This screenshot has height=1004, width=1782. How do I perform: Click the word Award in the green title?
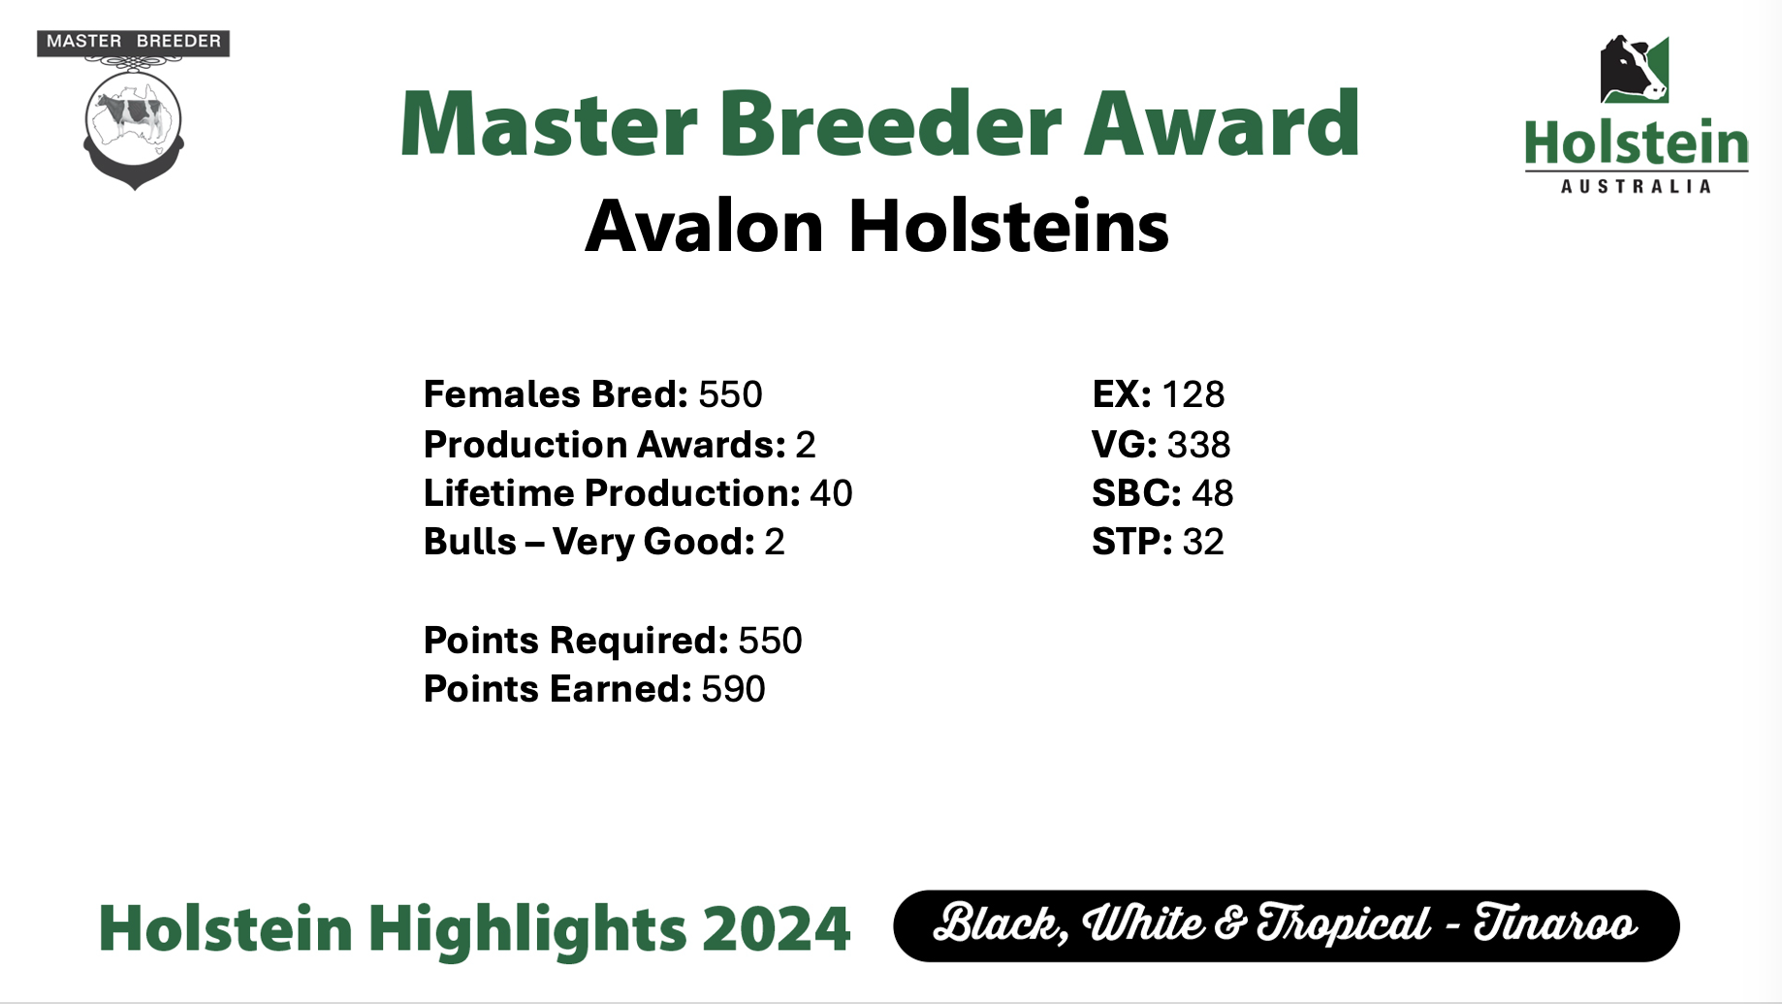(x=1223, y=123)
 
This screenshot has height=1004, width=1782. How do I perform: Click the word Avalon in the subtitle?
(x=705, y=226)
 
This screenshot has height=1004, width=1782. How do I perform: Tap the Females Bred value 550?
(x=730, y=394)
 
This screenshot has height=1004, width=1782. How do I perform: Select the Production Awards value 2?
(x=806, y=445)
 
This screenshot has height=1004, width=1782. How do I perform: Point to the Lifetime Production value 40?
(x=831, y=493)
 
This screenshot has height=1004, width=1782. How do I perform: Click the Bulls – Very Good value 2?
(x=775, y=542)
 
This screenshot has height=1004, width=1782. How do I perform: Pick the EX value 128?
(x=1193, y=394)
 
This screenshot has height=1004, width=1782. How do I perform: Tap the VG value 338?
(x=1199, y=445)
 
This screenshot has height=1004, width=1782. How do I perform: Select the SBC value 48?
(x=1213, y=493)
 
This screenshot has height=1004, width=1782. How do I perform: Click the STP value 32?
(x=1203, y=542)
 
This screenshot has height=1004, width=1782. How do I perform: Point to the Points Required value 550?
(x=770, y=641)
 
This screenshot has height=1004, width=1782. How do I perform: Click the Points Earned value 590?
(x=734, y=689)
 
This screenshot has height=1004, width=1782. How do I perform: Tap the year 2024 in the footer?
(x=776, y=928)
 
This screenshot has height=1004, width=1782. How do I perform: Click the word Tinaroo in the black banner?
(x=1556, y=924)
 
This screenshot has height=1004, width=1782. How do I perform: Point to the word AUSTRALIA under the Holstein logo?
(x=1636, y=186)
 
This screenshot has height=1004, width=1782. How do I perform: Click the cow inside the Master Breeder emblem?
(x=133, y=113)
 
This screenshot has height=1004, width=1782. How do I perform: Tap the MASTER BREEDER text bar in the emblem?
(x=134, y=42)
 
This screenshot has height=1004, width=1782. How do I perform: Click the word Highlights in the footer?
(x=527, y=929)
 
